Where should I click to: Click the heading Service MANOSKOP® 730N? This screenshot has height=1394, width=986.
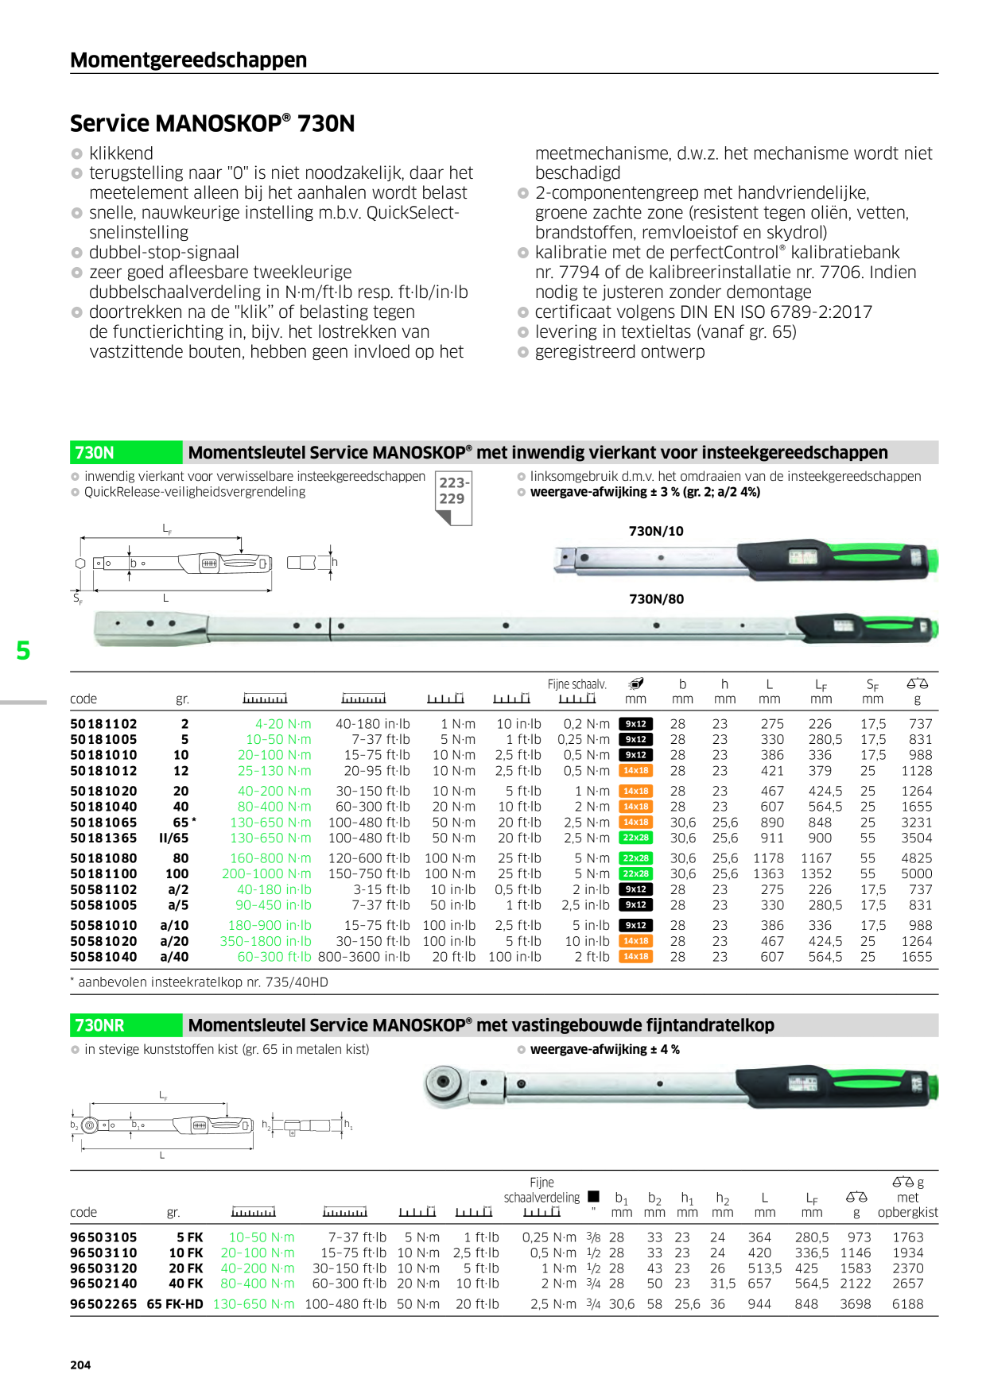coord(212,123)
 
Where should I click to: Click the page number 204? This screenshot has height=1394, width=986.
coord(80,1365)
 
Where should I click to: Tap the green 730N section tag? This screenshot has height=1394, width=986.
coord(126,452)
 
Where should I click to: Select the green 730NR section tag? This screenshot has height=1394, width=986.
coord(126,1025)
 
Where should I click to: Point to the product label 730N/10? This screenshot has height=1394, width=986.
coord(656,531)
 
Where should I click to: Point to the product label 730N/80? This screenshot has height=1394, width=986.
coord(656,599)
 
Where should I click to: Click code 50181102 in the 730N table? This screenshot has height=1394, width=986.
coord(103,724)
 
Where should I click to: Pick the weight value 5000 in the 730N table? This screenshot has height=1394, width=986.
coord(916,873)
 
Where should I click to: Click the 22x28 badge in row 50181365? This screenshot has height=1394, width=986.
coord(635,838)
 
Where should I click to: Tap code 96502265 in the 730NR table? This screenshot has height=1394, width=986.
coord(103,1304)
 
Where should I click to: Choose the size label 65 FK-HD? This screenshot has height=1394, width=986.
coord(175,1304)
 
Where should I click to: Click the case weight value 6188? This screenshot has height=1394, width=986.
coord(907,1304)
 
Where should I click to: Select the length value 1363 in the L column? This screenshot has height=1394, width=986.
coord(768,873)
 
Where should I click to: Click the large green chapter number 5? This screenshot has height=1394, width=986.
coord(24,651)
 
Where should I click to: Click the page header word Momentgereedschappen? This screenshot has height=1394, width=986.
coord(188,60)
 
